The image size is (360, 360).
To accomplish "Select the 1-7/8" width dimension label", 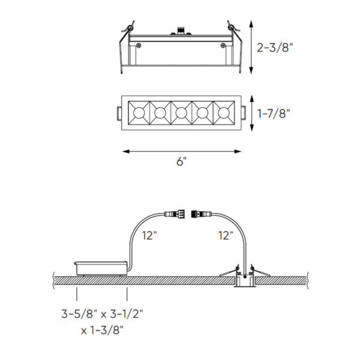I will [x=275, y=112].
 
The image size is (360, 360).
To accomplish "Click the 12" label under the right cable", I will [x=226, y=236].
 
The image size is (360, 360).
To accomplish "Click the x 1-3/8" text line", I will [x=103, y=329].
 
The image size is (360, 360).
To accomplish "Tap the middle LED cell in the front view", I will [x=181, y=112].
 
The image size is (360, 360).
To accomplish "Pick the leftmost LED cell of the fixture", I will [x=138, y=112].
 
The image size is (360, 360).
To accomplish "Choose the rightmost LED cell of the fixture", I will [x=224, y=112].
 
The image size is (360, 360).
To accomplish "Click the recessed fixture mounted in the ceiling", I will [x=244, y=279].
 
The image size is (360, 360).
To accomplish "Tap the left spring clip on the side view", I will [x=127, y=30].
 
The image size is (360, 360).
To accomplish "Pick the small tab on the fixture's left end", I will [x=118, y=112].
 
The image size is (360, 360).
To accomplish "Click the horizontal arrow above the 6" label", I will [x=182, y=151].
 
